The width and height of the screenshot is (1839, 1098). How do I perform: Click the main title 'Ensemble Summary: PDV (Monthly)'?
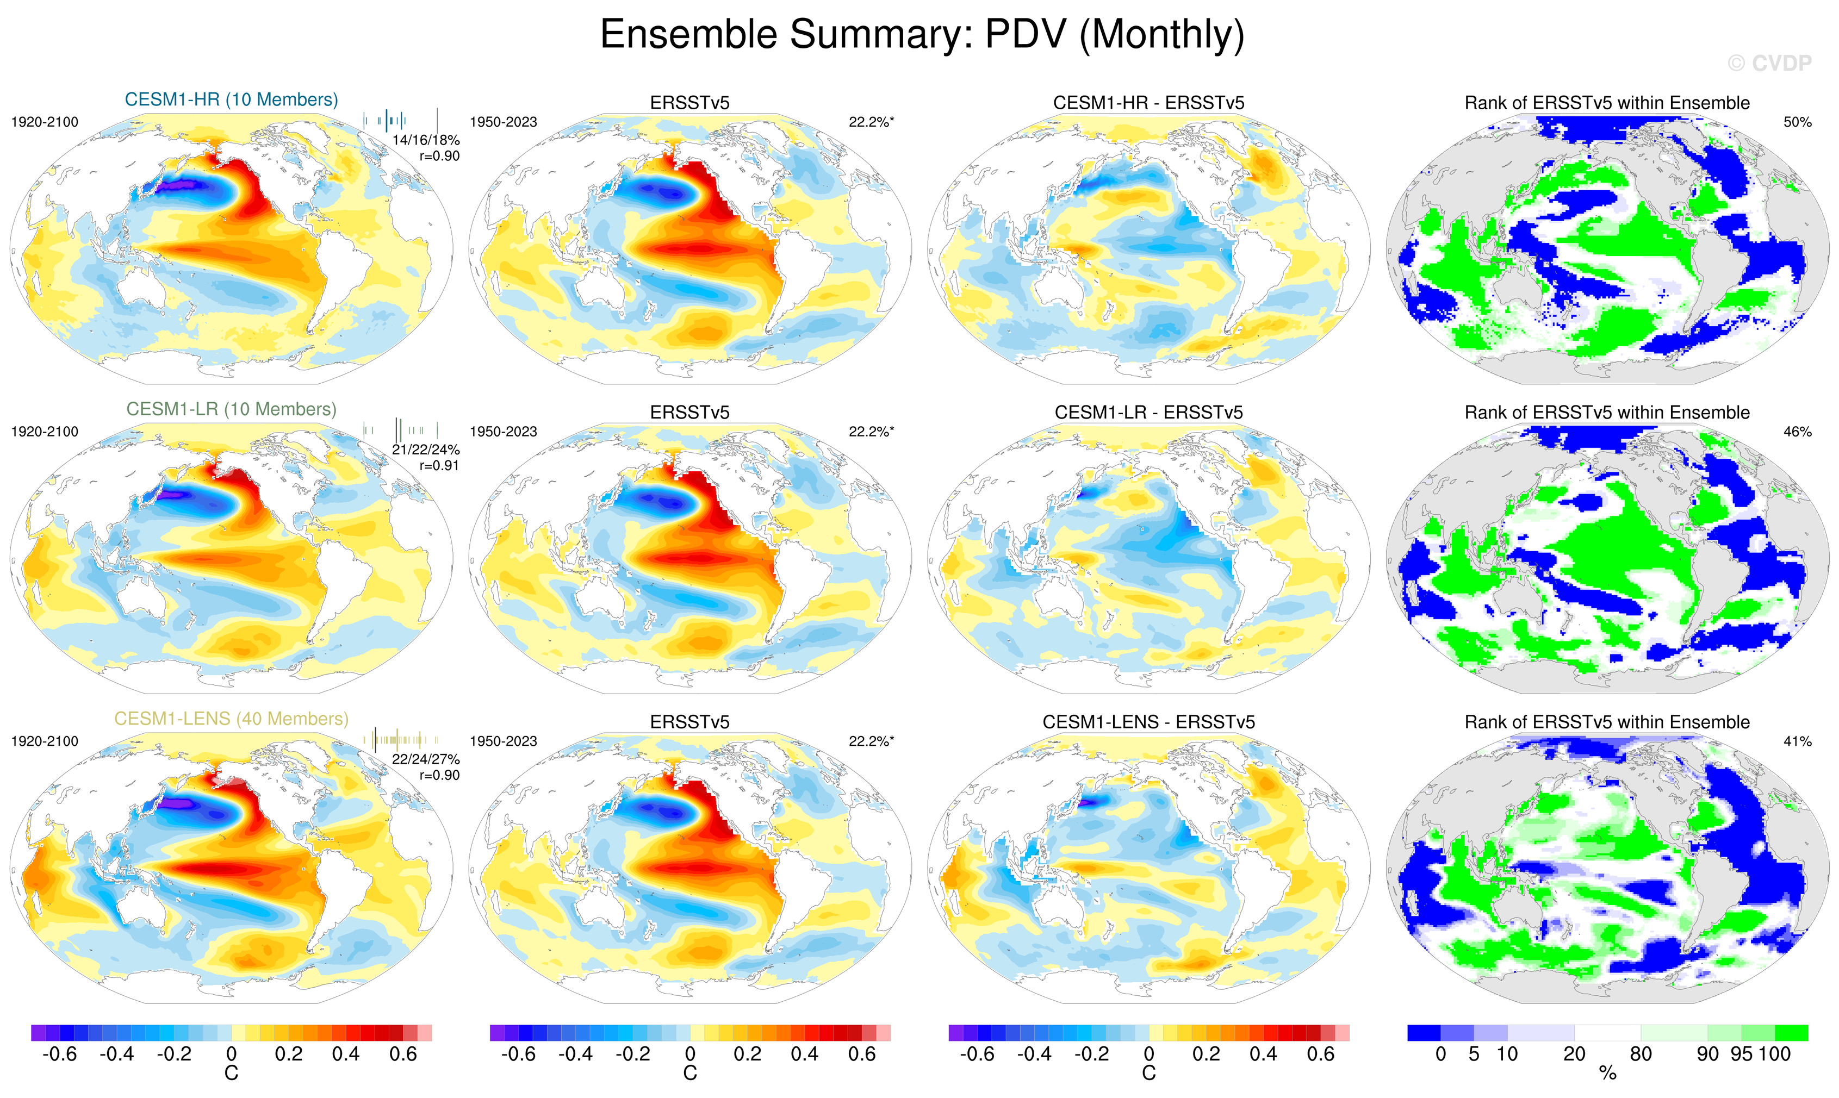921,35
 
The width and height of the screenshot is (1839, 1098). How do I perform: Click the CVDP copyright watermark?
1769,64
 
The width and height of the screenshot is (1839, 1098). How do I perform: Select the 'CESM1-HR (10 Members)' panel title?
231,100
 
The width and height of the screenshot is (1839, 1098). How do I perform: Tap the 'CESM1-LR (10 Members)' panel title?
231,409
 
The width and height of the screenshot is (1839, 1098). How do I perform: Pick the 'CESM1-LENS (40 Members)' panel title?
231,719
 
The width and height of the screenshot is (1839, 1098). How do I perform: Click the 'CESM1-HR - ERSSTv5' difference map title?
1148,103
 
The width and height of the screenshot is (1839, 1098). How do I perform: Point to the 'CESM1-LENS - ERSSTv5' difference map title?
1148,722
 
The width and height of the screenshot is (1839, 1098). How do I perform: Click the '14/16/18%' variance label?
426,140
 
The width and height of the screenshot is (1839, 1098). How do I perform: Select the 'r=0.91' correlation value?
439,465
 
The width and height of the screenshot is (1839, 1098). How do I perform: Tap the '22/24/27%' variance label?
426,759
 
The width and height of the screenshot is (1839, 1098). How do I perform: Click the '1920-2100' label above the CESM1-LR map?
45,432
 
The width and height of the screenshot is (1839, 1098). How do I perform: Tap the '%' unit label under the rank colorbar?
1607,1074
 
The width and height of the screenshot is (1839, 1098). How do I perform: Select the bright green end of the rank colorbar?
1792,1033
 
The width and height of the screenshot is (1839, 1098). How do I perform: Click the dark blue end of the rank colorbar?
1424,1033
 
